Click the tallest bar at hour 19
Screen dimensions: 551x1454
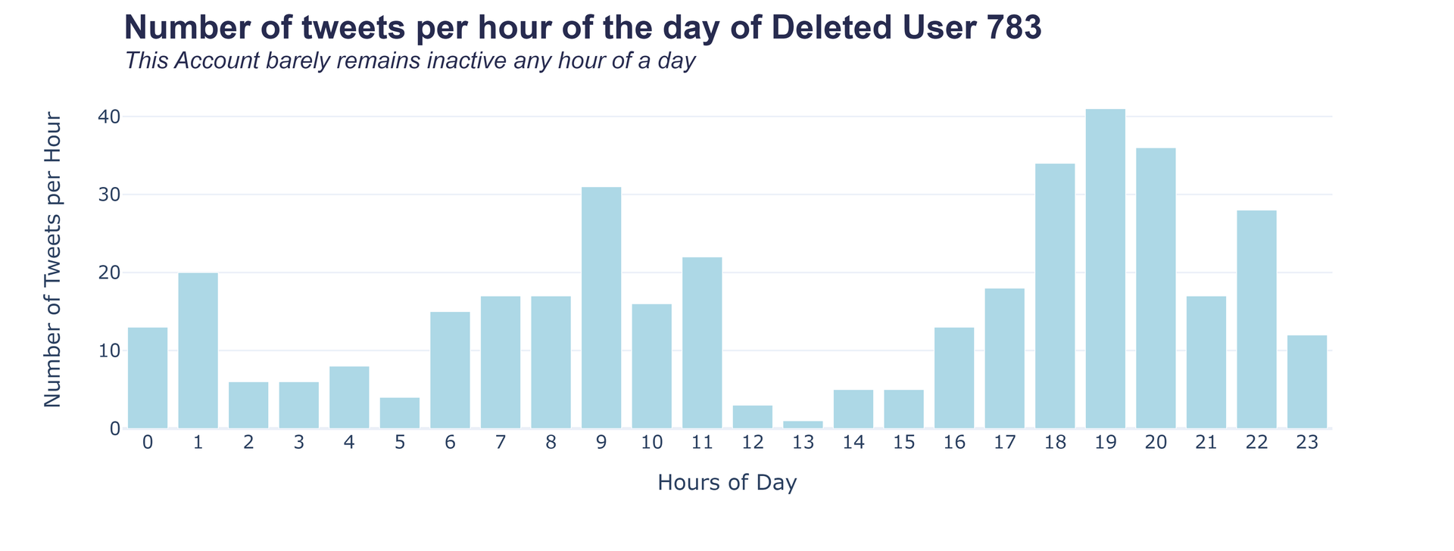[1105, 269]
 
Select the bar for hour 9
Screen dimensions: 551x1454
[601, 307]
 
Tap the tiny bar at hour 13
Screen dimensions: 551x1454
[803, 425]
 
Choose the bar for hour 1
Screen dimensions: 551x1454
[198, 350]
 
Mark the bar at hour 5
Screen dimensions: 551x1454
[400, 413]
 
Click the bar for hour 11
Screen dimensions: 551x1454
[702, 343]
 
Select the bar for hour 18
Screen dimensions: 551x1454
[1055, 296]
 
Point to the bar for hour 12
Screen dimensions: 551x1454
[753, 417]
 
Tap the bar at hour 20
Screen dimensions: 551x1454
[1156, 288]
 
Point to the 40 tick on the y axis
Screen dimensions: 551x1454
[108, 117]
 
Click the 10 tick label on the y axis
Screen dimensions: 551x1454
[108, 351]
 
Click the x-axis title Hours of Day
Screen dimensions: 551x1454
[727, 483]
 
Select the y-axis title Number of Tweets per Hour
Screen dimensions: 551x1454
[52, 260]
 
